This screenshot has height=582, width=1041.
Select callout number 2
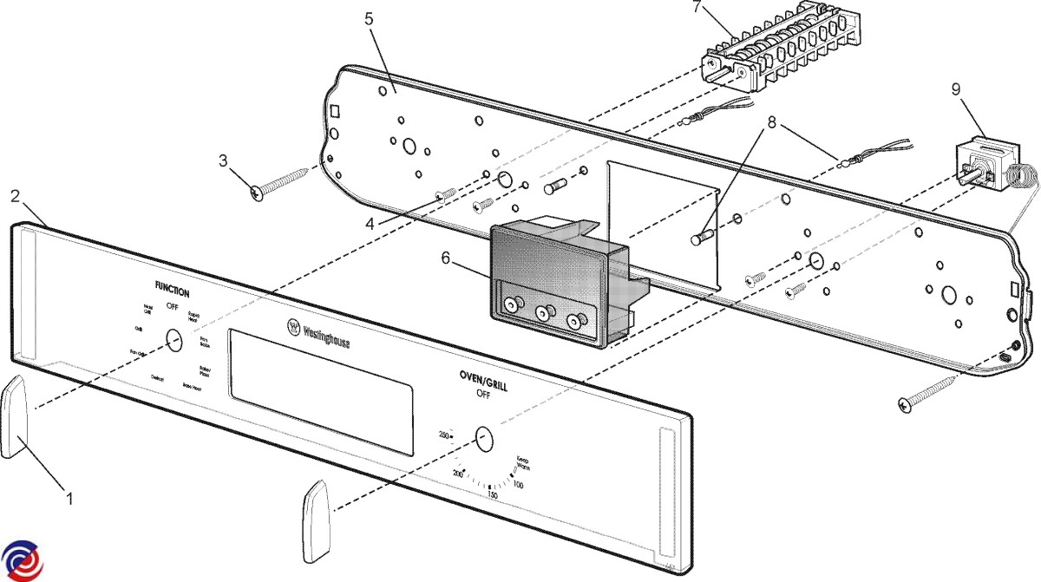pyautogui.click(x=15, y=196)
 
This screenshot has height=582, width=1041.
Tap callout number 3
pyautogui.click(x=223, y=160)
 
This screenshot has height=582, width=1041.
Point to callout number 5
pyautogui.click(x=370, y=19)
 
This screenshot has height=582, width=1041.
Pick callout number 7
pyautogui.click(x=697, y=8)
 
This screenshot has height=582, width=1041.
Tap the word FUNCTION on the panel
pyautogui.click(x=172, y=292)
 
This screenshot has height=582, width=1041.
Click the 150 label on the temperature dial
pyautogui.click(x=492, y=495)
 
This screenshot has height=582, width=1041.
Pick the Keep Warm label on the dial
pyautogui.click(x=522, y=466)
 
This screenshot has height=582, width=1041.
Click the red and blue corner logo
pyautogui.click(x=21, y=559)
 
